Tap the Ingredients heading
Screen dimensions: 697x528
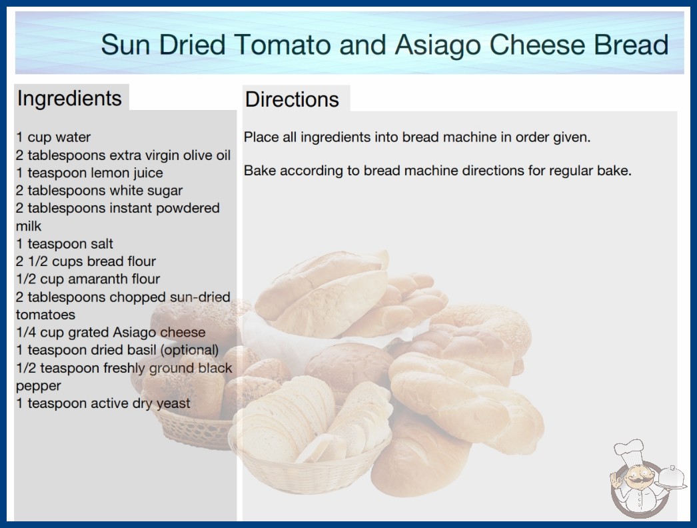point(69,99)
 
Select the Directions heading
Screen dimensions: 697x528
point(292,99)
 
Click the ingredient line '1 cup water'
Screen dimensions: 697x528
point(53,137)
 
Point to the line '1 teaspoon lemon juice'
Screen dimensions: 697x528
point(89,173)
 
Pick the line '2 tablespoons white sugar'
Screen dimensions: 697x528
point(99,191)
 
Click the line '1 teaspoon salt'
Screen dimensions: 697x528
point(65,244)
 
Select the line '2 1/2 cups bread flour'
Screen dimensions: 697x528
point(86,261)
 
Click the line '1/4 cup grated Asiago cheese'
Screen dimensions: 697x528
point(111,332)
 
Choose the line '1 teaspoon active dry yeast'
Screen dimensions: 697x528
point(103,403)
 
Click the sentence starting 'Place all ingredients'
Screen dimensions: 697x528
point(417,137)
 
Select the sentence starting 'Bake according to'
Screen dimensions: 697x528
point(437,171)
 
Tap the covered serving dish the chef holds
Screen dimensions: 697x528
point(671,478)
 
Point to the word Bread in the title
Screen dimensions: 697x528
point(631,45)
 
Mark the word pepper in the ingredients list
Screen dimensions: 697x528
point(38,386)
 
